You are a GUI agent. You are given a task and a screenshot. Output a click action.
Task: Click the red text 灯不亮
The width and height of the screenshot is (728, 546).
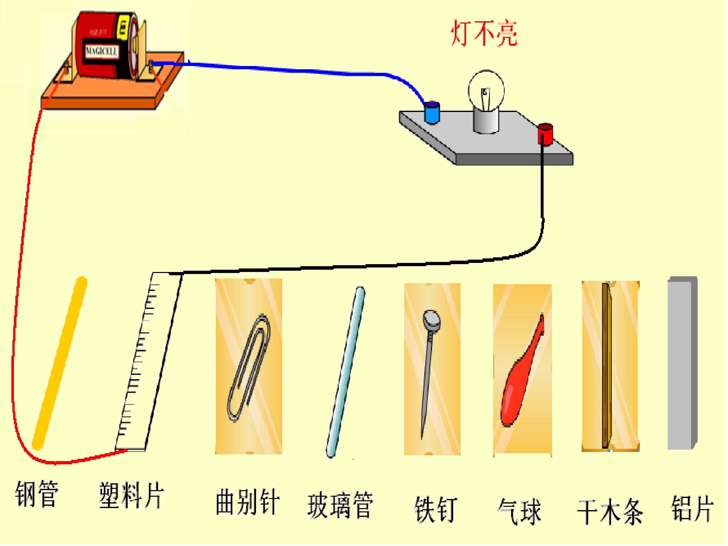click(x=484, y=34)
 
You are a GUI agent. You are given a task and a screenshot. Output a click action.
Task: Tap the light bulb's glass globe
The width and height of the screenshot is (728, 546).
click(x=486, y=89)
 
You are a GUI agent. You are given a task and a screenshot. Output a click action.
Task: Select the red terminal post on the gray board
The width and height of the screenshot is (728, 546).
click(x=545, y=134)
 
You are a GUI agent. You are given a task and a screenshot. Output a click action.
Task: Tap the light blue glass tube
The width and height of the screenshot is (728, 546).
click(x=346, y=372)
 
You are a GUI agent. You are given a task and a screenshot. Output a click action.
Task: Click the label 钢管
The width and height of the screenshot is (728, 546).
click(x=37, y=494)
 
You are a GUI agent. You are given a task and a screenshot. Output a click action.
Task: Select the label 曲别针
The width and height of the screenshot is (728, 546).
click(x=247, y=502)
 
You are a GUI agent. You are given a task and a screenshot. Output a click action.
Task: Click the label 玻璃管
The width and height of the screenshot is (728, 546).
click(x=341, y=505)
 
